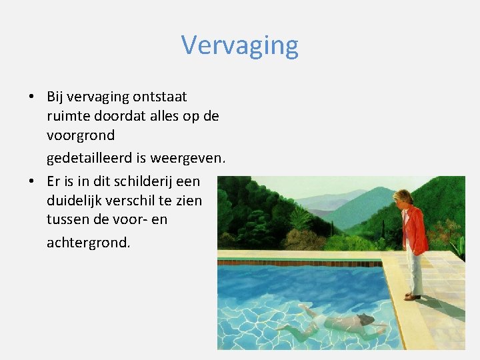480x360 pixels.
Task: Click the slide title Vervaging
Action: [x=239, y=45]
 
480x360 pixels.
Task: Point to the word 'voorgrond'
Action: [x=81, y=135]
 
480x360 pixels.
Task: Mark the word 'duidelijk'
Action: [x=75, y=200]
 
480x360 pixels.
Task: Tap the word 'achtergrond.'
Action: [x=89, y=242]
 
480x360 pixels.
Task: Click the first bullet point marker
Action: [x=31, y=97]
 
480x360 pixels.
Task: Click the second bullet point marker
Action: [x=31, y=181]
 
